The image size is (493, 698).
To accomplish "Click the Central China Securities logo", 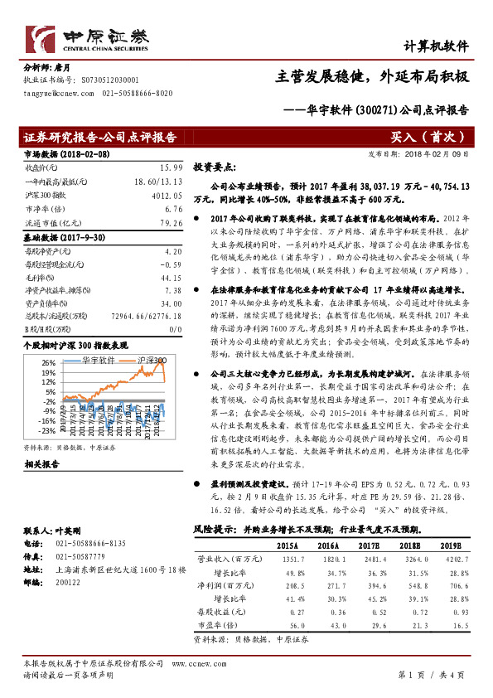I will click(x=87, y=38).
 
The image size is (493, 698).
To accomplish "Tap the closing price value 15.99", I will click(x=170, y=167).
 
